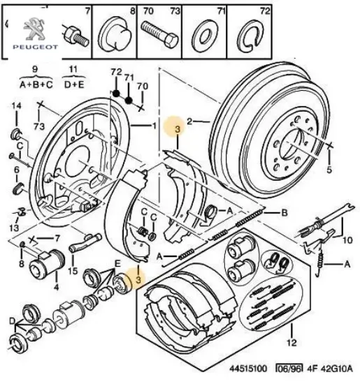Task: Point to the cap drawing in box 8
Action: [x=115, y=32]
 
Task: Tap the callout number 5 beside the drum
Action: [x=328, y=168]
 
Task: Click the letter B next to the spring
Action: [x=285, y=213]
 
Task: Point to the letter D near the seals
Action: [x=12, y=320]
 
